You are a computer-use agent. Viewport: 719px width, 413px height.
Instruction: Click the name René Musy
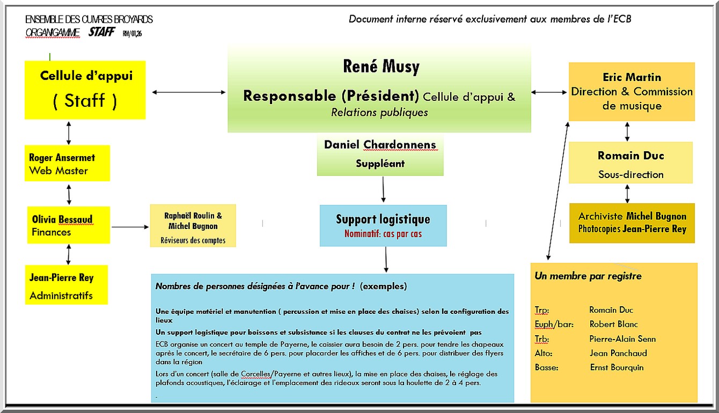(381, 67)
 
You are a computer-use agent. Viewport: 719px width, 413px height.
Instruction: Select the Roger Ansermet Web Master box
(68, 163)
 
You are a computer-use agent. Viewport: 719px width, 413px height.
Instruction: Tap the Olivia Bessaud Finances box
(69, 225)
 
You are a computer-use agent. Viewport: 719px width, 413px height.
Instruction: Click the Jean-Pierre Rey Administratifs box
(66, 285)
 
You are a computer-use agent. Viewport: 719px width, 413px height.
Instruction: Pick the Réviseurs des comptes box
(193, 226)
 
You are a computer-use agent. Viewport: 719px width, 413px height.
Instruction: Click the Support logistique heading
(383, 219)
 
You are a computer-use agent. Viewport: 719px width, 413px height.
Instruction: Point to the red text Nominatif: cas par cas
(383, 234)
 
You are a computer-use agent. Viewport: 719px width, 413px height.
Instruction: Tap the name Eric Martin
(632, 77)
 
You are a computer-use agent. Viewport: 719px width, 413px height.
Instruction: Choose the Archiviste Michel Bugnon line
(632, 216)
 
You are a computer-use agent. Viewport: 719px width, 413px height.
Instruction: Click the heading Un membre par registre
(588, 276)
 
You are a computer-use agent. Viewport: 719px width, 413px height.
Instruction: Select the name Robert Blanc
(613, 324)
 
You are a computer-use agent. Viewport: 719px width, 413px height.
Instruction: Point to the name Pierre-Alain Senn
(622, 339)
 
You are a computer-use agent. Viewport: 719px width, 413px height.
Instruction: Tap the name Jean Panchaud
(618, 353)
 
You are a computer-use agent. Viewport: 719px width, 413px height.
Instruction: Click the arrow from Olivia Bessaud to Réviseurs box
(130, 227)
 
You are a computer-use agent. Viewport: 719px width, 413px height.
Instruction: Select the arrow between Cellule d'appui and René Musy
(189, 92)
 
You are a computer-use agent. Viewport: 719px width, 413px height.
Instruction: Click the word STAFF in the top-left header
(101, 32)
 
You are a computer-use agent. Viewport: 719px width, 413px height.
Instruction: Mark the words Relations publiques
(379, 113)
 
